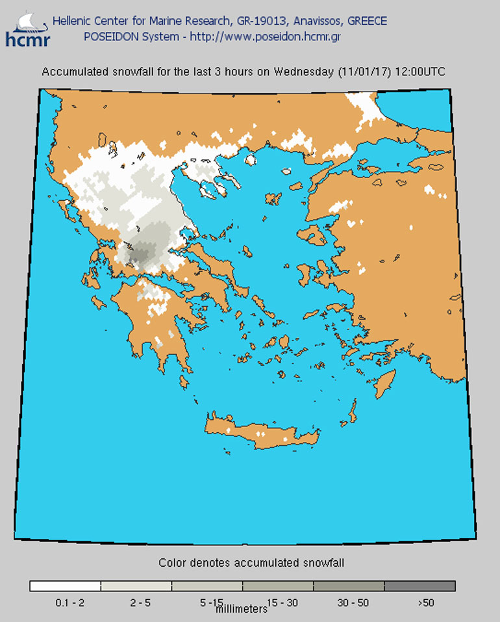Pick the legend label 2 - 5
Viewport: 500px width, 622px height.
[140, 603]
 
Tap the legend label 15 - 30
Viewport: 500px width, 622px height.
[282, 603]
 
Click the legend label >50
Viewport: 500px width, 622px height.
[425, 603]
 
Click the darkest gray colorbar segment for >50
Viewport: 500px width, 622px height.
[419, 586]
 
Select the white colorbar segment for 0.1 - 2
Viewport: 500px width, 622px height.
[65, 586]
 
